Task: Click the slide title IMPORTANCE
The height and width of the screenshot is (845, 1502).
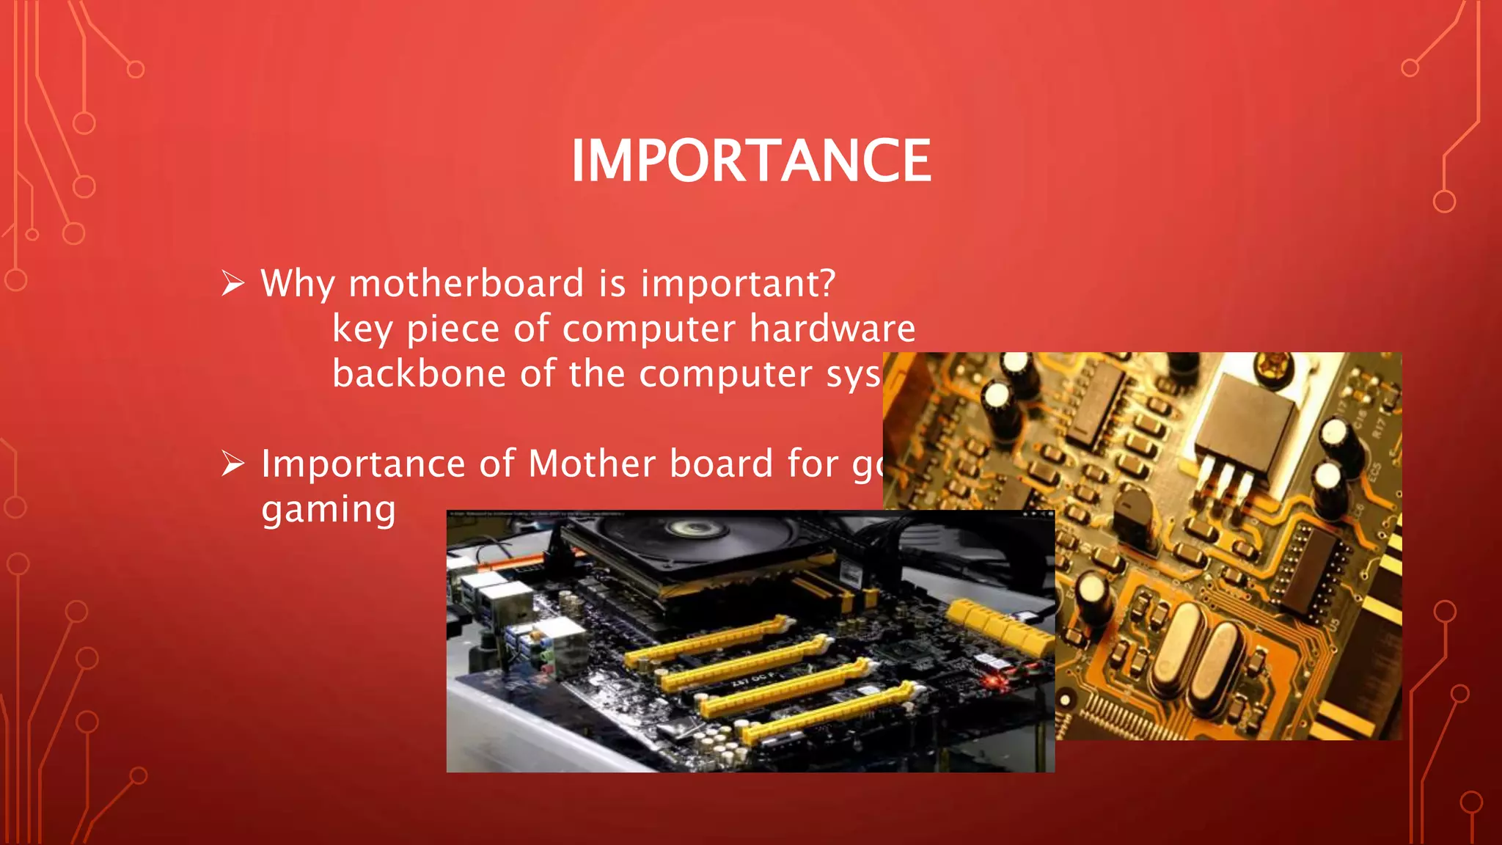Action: pyautogui.click(x=751, y=161)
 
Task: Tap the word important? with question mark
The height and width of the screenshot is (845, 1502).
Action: pyautogui.click(x=738, y=283)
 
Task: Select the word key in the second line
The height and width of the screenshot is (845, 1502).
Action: pyautogui.click(x=362, y=329)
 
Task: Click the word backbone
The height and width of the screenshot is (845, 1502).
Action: pyautogui.click(x=419, y=373)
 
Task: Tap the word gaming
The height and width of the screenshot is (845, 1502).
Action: pyautogui.click(x=329, y=510)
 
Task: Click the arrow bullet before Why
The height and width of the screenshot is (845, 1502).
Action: pyautogui.click(x=232, y=282)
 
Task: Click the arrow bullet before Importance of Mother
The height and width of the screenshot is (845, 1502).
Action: pyautogui.click(x=232, y=463)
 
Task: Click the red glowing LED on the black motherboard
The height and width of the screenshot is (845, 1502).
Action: pyautogui.click(x=995, y=681)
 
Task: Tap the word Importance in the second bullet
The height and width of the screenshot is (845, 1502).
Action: pyautogui.click(x=363, y=464)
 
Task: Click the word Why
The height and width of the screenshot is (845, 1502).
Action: pyautogui.click(x=298, y=283)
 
